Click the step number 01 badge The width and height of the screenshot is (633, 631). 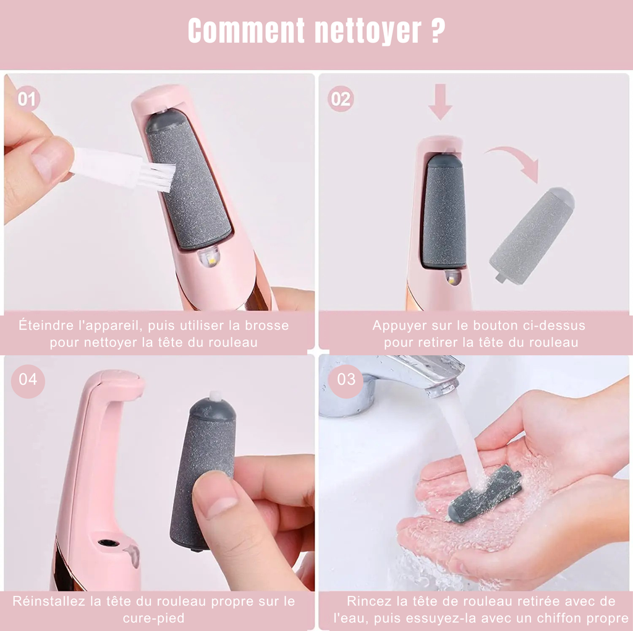27,98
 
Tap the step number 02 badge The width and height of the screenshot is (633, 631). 341,98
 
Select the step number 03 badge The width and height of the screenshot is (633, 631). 346,378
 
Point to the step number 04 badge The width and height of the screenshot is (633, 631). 27,378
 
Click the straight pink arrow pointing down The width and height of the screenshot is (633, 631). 440,102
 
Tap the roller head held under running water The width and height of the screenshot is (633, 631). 485,493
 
